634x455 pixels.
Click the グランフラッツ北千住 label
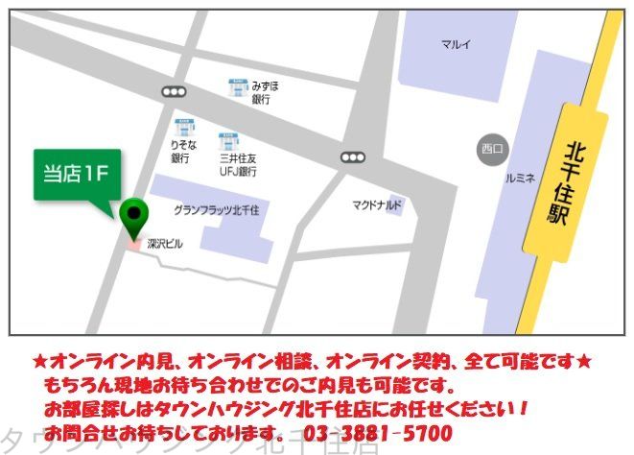tap(223, 209)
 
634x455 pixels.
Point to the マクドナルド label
tap(377, 205)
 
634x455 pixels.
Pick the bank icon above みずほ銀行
tap(238, 87)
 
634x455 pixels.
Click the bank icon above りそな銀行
tap(185, 126)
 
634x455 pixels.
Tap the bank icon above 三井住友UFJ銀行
tap(228, 141)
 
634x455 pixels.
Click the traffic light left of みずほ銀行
tap(174, 92)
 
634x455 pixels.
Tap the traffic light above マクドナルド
tap(353, 157)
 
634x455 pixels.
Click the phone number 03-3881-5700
tap(378, 432)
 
